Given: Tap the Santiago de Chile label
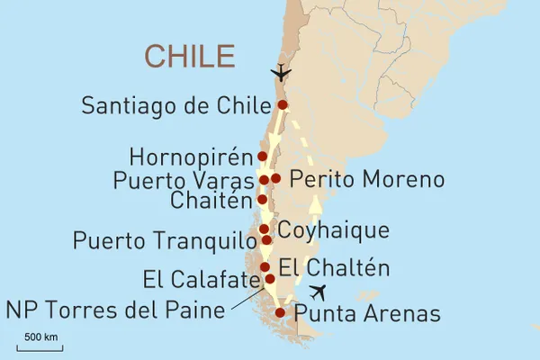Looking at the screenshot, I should tap(176, 105).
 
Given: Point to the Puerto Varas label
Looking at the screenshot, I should tap(184, 180).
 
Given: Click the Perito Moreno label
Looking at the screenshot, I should tap(367, 179).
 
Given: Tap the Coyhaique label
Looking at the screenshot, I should tap(332, 229).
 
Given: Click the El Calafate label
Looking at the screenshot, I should tap(201, 278).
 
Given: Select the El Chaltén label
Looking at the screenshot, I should tap(334, 267).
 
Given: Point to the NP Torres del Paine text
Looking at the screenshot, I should tap(114, 311).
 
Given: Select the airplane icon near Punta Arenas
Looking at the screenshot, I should tap(317, 292).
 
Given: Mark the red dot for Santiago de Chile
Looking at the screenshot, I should tap(283, 105).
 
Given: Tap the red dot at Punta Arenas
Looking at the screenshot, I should tap(280, 313).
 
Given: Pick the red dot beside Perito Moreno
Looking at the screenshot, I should tap(276, 178).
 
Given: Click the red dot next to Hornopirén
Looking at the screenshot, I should tap(262, 157).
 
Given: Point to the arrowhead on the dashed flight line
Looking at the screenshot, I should tap(315, 205).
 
